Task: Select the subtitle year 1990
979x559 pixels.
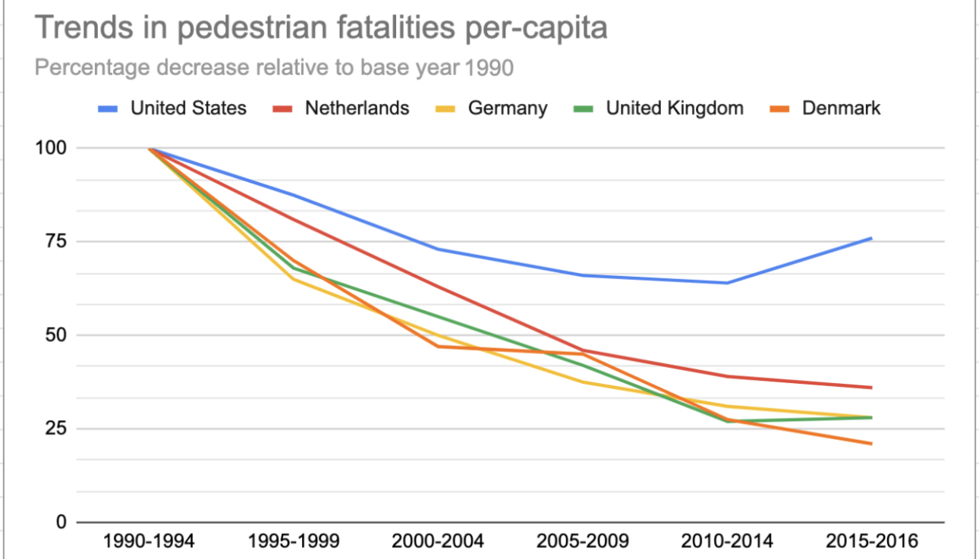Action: (x=489, y=68)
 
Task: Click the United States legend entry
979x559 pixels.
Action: (x=188, y=108)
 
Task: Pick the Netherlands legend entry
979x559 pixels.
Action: (x=357, y=108)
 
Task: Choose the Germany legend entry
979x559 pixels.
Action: (x=507, y=108)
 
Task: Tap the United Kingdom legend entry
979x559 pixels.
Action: (x=674, y=108)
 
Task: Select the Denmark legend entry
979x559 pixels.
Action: (x=841, y=108)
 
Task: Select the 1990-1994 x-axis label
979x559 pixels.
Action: (x=150, y=542)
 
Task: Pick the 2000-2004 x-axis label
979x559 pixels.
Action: (x=438, y=542)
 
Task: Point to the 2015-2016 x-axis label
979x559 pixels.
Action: (x=871, y=542)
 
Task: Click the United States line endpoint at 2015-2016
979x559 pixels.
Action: (x=871, y=238)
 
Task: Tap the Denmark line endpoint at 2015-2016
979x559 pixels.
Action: (x=871, y=444)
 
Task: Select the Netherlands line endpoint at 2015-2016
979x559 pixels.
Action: (x=871, y=388)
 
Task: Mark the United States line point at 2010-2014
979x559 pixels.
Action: (x=727, y=283)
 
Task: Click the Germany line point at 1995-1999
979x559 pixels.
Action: (x=294, y=279)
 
